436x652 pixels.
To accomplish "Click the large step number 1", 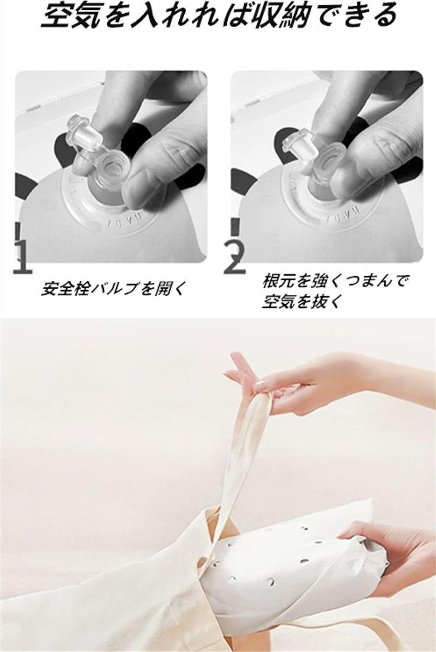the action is point(22,257).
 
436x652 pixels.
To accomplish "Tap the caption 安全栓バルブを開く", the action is point(112,288).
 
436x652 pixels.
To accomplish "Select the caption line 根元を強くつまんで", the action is point(334,281).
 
